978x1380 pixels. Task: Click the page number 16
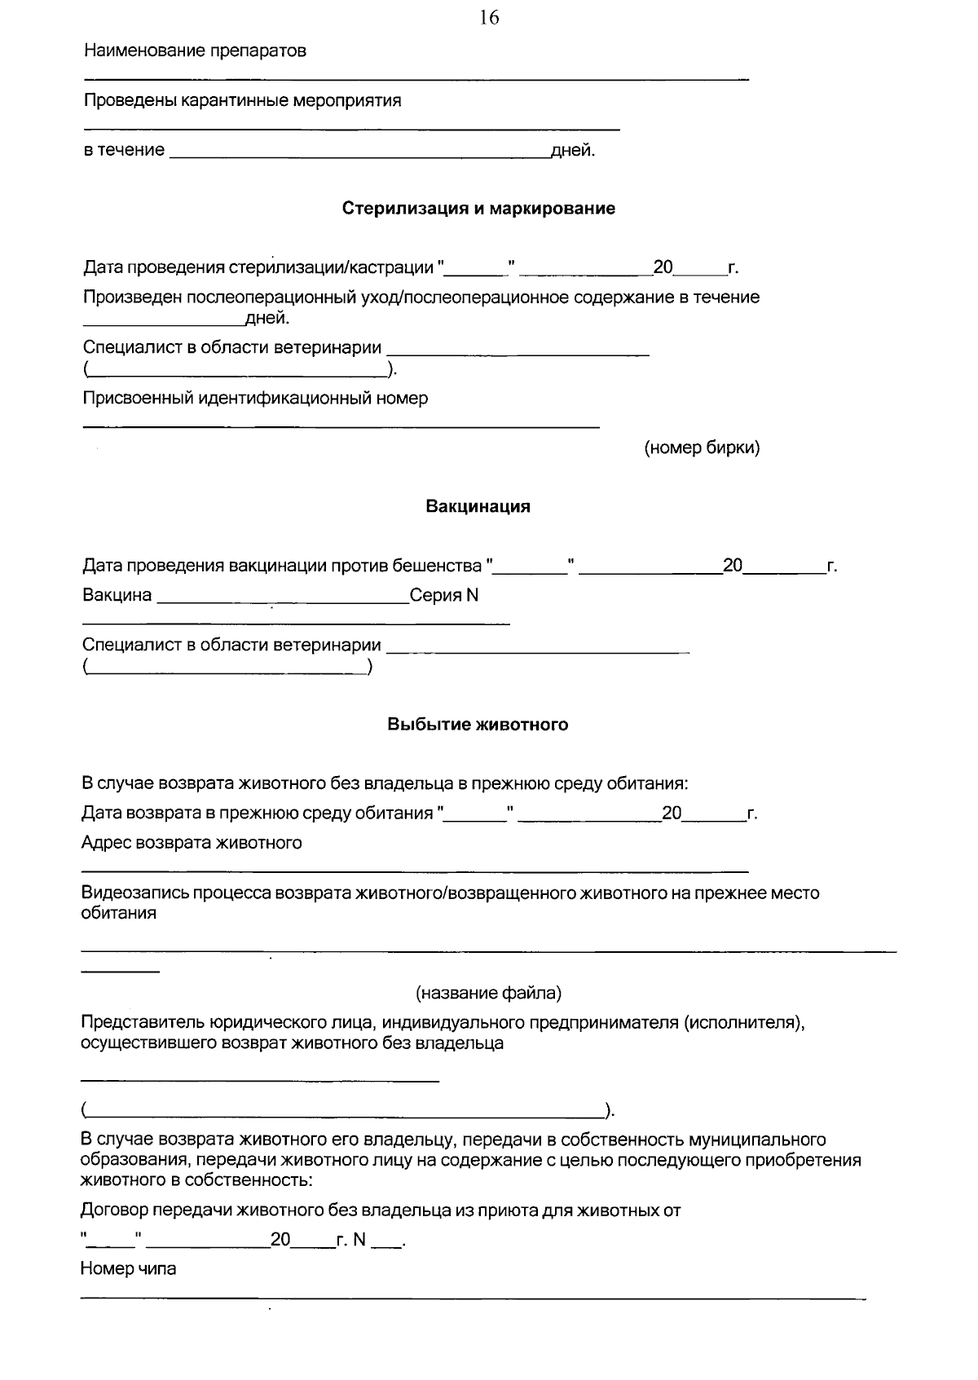[489, 18]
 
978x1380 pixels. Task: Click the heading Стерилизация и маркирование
[478, 208]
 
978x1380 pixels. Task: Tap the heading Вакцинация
[478, 506]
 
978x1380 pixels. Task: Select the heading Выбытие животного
[478, 724]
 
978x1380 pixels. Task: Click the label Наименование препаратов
[196, 51]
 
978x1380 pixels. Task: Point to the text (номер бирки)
[702, 448]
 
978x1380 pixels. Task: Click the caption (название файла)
[488, 993]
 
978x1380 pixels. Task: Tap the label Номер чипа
[128, 1268]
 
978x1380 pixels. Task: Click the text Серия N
[444, 595]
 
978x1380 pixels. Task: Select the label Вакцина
[117, 595]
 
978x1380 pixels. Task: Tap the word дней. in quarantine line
[573, 151]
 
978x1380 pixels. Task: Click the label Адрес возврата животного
[192, 842]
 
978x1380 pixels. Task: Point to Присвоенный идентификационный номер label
[255, 398]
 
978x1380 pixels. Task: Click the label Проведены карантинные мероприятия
[242, 101]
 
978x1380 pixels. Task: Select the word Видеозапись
[134, 893]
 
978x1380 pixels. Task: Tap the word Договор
[114, 1210]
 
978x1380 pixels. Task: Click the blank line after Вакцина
[281, 602]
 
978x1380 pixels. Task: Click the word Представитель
[142, 1022]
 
